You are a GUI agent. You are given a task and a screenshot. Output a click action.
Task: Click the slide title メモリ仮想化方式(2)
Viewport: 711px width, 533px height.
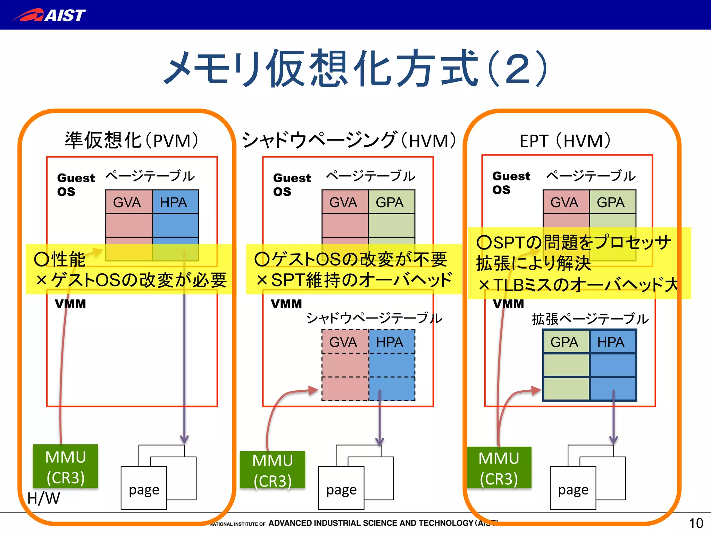(355, 68)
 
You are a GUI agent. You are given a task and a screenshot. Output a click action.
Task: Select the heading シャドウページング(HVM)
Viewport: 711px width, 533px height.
(349, 141)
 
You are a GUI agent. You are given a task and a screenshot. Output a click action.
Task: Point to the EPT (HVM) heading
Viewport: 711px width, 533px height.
(565, 141)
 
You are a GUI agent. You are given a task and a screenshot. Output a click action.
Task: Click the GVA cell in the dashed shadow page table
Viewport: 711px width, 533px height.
(344, 342)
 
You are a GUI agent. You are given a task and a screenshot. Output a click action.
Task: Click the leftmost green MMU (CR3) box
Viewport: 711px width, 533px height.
(65, 467)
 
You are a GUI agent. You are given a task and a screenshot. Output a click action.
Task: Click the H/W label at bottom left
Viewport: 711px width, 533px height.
(43, 498)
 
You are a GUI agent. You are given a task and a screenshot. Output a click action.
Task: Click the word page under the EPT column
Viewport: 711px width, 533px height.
(573, 490)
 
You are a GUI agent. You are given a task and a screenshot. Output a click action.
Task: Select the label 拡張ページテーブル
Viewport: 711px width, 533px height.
(590, 319)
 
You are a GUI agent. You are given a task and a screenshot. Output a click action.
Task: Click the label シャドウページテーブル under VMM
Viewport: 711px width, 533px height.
(374, 318)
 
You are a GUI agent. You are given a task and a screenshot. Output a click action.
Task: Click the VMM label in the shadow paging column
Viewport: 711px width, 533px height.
(286, 304)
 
